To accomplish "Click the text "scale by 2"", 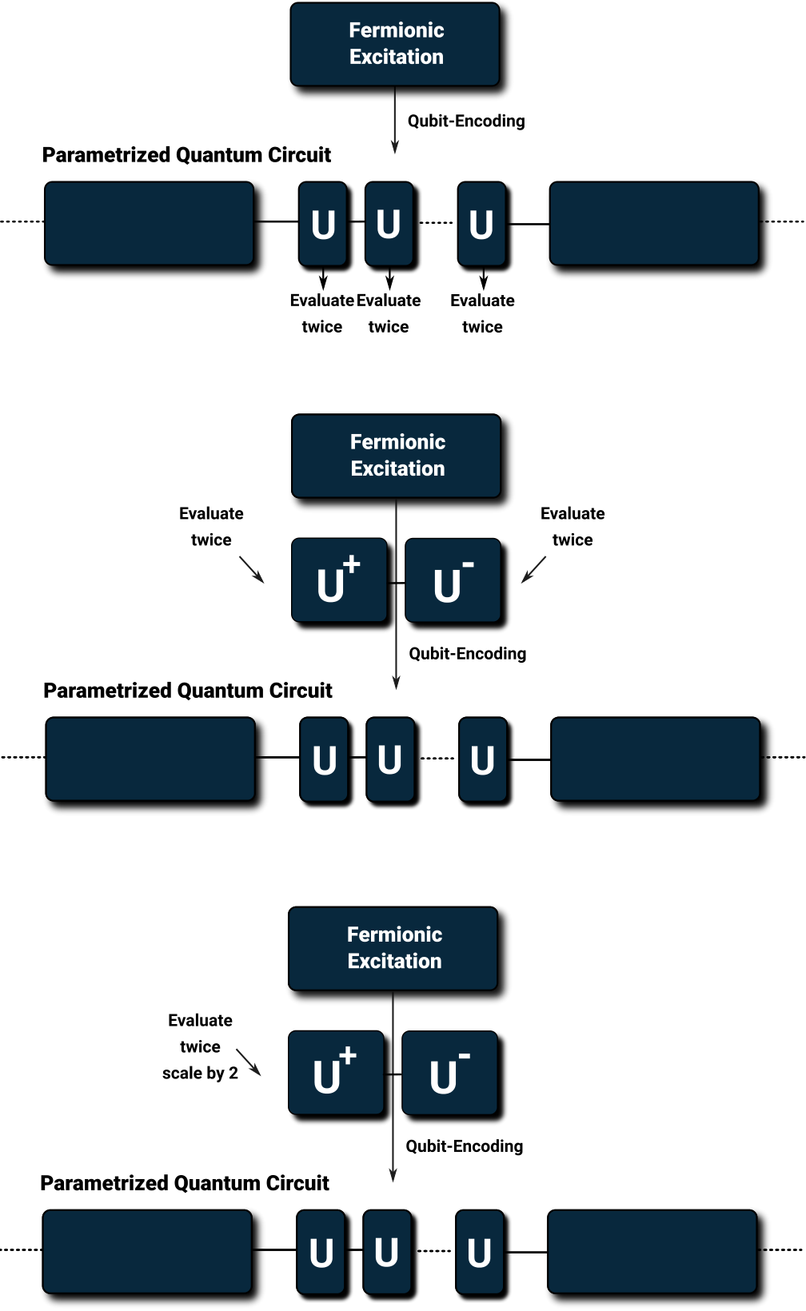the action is [200, 1073].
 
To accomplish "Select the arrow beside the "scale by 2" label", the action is [248, 1062].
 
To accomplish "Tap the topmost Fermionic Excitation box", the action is [395, 45].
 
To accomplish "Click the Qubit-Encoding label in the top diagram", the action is [466, 122].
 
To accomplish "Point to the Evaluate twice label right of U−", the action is [573, 526].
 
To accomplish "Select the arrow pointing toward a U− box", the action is [534, 569].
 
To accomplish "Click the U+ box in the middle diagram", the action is [340, 580].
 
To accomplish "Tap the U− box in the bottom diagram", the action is [450, 1073].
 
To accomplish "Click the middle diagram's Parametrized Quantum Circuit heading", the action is [188, 691].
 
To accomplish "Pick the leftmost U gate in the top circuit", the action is [322, 223].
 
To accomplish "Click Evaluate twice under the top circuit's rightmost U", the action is [482, 313].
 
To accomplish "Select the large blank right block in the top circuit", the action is [654, 223].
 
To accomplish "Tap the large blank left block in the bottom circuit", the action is [147, 1251].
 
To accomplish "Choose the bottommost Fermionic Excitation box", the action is [393, 948].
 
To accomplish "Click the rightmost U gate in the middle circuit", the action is [482, 759].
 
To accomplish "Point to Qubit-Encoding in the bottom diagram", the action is [464, 1146].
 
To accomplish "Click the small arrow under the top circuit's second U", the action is [389, 277].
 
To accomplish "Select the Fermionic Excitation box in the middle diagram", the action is [397, 456].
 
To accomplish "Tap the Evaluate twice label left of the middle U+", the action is [211, 526].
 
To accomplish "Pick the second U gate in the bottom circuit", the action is [387, 1251].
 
